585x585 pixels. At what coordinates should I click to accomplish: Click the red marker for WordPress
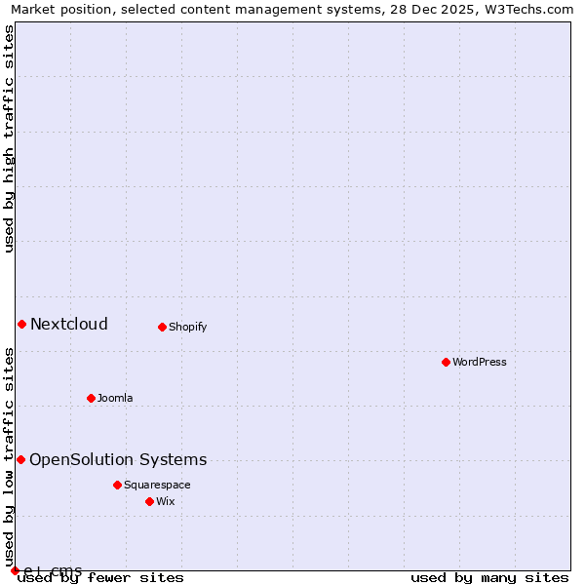click(x=446, y=362)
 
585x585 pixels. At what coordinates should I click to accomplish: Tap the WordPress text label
click(x=479, y=362)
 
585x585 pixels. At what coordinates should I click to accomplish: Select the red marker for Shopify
click(x=163, y=327)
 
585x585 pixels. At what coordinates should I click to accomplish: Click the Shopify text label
click(x=187, y=327)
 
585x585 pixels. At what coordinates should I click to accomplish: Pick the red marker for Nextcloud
click(x=21, y=324)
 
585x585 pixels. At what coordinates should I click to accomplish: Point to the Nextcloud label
click(x=68, y=324)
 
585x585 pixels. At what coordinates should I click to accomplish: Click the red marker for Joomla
click(x=91, y=398)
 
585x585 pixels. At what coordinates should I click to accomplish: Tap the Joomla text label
click(x=115, y=398)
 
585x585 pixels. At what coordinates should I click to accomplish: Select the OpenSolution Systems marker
click(x=20, y=459)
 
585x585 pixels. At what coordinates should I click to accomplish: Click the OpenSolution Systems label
click(x=118, y=459)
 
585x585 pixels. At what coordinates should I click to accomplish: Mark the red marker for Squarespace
click(x=117, y=485)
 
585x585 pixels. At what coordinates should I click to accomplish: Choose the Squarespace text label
click(x=157, y=485)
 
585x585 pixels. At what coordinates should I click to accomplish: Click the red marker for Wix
click(x=149, y=501)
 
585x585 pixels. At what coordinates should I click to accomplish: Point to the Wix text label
click(x=166, y=501)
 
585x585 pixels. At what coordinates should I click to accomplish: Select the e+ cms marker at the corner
click(x=15, y=570)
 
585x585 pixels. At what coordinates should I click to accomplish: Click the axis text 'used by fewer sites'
click(x=100, y=577)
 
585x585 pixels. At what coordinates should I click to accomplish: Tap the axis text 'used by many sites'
click(x=489, y=577)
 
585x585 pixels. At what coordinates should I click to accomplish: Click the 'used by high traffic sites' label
click(x=9, y=138)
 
